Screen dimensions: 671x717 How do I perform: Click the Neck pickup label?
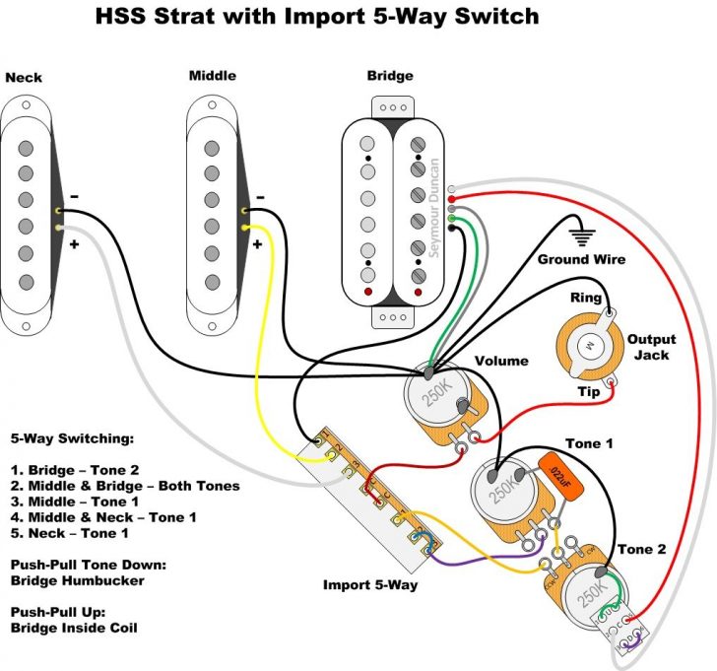pos(25,76)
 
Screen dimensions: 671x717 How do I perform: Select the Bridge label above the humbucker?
pos(390,76)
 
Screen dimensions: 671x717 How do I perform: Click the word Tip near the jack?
pos(589,392)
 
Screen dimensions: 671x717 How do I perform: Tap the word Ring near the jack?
pos(587,298)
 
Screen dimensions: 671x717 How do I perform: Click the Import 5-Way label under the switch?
pos(370,584)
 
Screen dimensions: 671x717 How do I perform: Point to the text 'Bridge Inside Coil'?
pos(75,627)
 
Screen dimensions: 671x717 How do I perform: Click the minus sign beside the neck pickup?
pos(76,195)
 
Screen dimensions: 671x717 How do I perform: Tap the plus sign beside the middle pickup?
pos(257,244)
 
